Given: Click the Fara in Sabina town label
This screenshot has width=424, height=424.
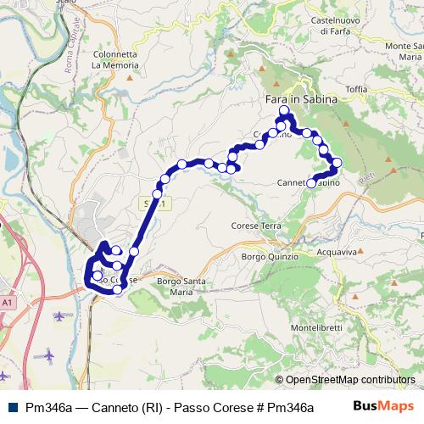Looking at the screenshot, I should tap(295, 98).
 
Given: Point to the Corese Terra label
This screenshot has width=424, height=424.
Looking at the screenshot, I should tap(256, 226).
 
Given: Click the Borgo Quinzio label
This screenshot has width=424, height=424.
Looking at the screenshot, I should tap(270, 256).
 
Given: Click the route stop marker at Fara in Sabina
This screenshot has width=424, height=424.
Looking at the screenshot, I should tap(285, 110).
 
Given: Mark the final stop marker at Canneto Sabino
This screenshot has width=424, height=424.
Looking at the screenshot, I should tap(311, 183).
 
